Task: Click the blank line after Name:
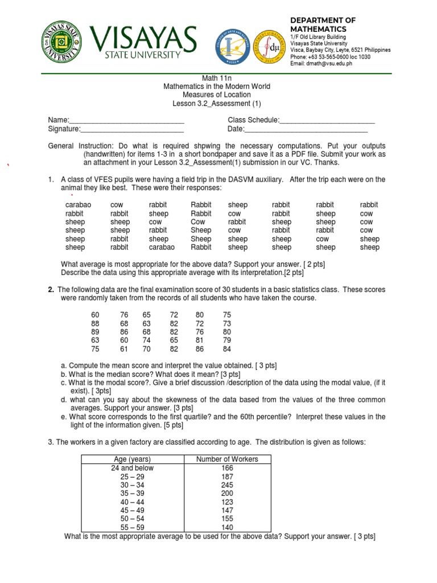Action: [x=126, y=120]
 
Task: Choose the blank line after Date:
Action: [x=306, y=129]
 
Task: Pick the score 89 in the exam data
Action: [x=95, y=331]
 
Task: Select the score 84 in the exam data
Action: [x=227, y=349]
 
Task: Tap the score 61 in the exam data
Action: [x=124, y=349]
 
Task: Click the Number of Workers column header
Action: [x=227, y=459]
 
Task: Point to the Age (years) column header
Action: [x=132, y=459]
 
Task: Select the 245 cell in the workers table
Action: [x=227, y=485]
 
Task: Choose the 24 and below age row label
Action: [x=132, y=468]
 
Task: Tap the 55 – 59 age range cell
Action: [x=132, y=528]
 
